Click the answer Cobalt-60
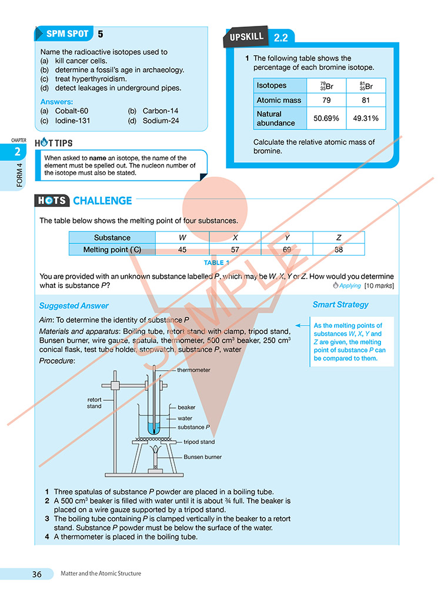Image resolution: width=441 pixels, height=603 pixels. (71, 111)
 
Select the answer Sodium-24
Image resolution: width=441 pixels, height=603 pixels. (161, 121)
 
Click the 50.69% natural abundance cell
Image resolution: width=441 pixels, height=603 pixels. (326, 119)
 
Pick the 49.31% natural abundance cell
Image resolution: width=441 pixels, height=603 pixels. (366, 119)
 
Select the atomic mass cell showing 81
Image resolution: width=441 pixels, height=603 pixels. (366, 101)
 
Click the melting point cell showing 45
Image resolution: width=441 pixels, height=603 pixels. (182, 250)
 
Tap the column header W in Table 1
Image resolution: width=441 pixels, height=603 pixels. (182, 237)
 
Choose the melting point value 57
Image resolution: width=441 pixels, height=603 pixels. (235, 250)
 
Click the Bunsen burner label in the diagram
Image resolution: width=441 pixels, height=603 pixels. (203, 457)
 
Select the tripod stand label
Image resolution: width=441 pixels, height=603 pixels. (199, 442)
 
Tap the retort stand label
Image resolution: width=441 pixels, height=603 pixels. (94, 403)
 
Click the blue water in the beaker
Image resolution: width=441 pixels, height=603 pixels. (153, 428)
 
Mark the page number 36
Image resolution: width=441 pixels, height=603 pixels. (37, 574)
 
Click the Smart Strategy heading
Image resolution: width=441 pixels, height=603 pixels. (340, 304)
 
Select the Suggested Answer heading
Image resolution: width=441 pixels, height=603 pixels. (73, 306)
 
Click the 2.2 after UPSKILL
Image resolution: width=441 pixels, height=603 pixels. (280, 38)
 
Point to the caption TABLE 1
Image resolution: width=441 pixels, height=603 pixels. (216, 263)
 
